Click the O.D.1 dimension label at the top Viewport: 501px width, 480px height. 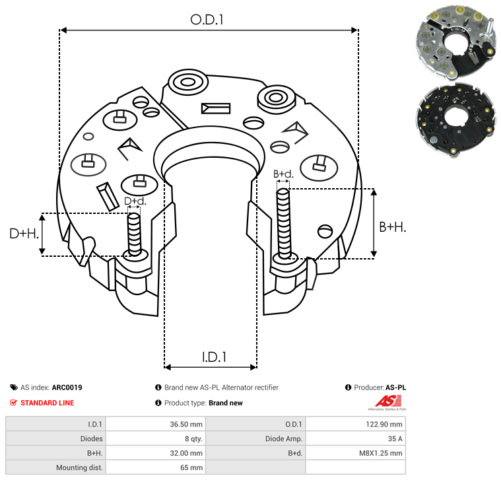point(207,20)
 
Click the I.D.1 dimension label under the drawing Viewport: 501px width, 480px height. point(214,357)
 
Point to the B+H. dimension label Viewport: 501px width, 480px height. point(392,227)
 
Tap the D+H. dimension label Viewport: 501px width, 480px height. point(24,234)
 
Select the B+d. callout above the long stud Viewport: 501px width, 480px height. point(283,174)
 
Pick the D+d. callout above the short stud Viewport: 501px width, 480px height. point(135,201)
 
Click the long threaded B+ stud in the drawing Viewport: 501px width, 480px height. point(284,223)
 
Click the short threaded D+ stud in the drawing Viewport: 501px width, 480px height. point(134,234)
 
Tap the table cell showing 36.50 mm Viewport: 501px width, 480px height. point(156,424)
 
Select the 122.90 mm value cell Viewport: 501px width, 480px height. point(356,424)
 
